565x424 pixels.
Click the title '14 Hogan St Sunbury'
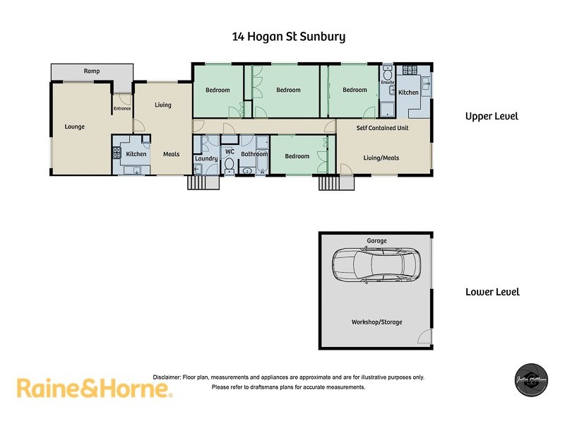click(x=289, y=36)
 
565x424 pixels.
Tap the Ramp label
click(x=91, y=71)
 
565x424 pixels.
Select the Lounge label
click(x=75, y=127)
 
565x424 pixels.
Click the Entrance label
click(x=122, y=109)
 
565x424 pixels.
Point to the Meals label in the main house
click(x=171, y=154)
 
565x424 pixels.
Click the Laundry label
click(x=206, y=158)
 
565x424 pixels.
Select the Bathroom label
click(x=254, y=154)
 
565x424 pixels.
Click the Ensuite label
click(x=388, y=83)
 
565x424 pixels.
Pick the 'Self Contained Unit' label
click(x=382, y=128)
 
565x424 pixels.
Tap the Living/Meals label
click(x=381, y=158)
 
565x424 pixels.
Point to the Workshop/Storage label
click(x=376, y=322)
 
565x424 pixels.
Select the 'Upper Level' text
click(x=492, y=116)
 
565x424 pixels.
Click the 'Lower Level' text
click(x=492, y=292)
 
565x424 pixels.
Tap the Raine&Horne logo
click(x=93, y=388)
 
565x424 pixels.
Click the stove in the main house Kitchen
click(x=117, y=152)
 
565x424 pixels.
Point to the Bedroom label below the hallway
click(x=297, y=156)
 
